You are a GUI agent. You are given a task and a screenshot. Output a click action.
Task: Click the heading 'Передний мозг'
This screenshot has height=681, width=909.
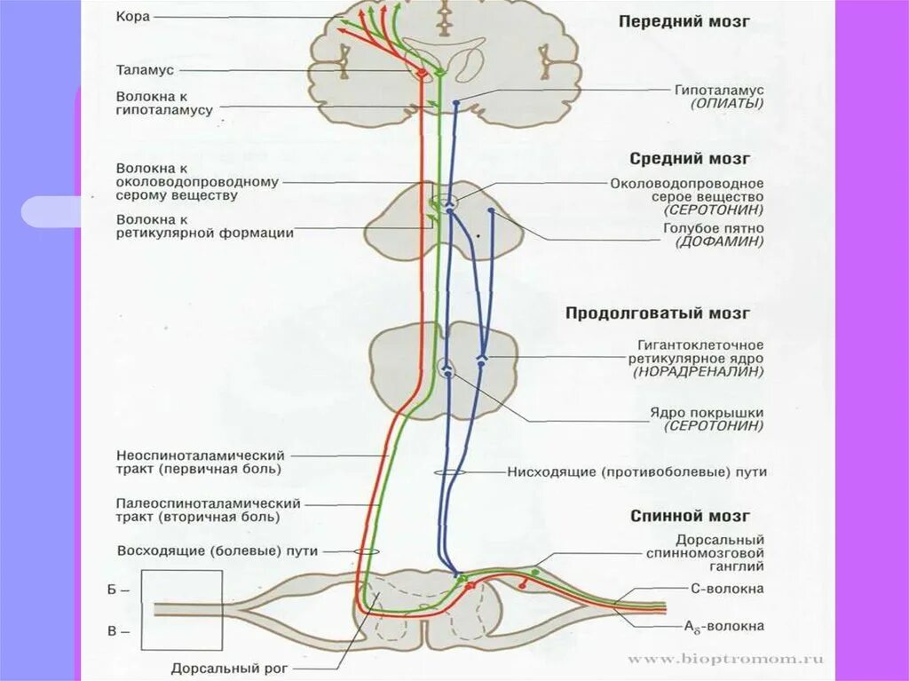tap(684, 21)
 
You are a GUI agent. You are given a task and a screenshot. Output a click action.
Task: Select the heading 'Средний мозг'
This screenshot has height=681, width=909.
tap(690, 159)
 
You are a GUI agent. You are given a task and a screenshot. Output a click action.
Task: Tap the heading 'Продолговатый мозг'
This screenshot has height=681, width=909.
tap(658, 313)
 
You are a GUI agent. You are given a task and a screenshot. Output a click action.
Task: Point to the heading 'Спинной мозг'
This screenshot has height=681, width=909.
tap(690, 516)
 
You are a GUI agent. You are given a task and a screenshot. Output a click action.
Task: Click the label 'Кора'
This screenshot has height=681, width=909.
tap(133, 17)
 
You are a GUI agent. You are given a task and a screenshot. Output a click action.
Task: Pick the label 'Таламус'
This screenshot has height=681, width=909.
tap(145, 69)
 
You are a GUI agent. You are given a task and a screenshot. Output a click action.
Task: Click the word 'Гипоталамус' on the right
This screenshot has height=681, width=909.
tap(719, 90)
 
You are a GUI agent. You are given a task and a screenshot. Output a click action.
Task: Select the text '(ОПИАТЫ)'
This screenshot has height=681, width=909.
tap(727, 104)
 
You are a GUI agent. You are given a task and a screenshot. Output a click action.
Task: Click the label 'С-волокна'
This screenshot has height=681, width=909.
tap(726, 588)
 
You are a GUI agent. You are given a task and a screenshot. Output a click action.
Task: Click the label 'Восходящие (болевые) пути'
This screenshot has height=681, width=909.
tap(217, 550)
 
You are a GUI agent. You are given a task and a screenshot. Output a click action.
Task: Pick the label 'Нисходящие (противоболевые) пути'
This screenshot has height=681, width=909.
tap(636, 472)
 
